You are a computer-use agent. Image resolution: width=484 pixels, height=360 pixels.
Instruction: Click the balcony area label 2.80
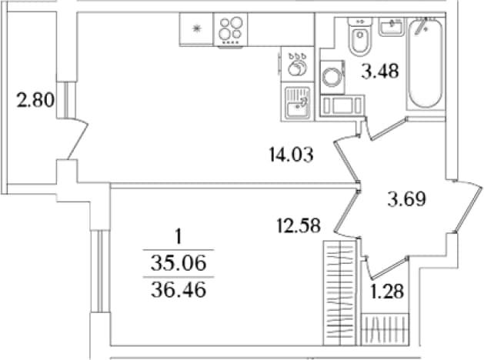35,101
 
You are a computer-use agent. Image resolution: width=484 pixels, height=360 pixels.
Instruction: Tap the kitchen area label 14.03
291,155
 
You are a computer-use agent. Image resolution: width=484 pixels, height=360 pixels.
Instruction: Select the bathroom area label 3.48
380,72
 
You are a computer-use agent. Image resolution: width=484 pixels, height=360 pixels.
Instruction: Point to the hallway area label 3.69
407,199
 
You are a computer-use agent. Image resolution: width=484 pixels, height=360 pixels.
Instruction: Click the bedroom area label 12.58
299,225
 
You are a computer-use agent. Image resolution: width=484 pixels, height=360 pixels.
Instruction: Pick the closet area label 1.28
387,292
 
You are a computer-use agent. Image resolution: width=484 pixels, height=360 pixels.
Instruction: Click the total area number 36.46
179,290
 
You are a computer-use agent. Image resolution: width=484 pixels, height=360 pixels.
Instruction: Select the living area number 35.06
179,264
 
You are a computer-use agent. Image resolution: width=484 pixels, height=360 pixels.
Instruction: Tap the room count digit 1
179,238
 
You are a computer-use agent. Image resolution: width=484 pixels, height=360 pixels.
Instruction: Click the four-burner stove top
230,30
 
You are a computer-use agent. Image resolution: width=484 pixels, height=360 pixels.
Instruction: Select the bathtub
425,63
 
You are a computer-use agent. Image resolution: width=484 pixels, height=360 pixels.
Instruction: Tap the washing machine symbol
332,77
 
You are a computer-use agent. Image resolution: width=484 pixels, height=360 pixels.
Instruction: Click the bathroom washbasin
392,26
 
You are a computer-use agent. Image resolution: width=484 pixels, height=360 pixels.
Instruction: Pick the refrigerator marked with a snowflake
196,29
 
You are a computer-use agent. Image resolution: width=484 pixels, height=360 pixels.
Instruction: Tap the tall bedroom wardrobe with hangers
339,293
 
